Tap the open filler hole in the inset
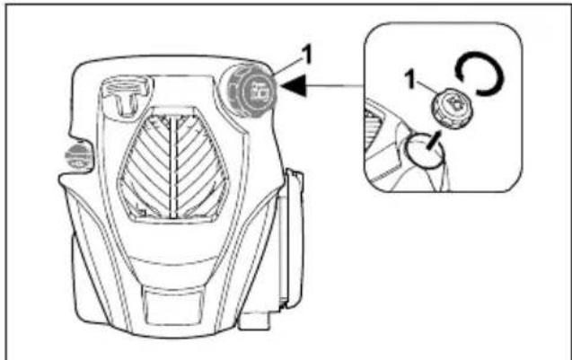click(422, 154)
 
